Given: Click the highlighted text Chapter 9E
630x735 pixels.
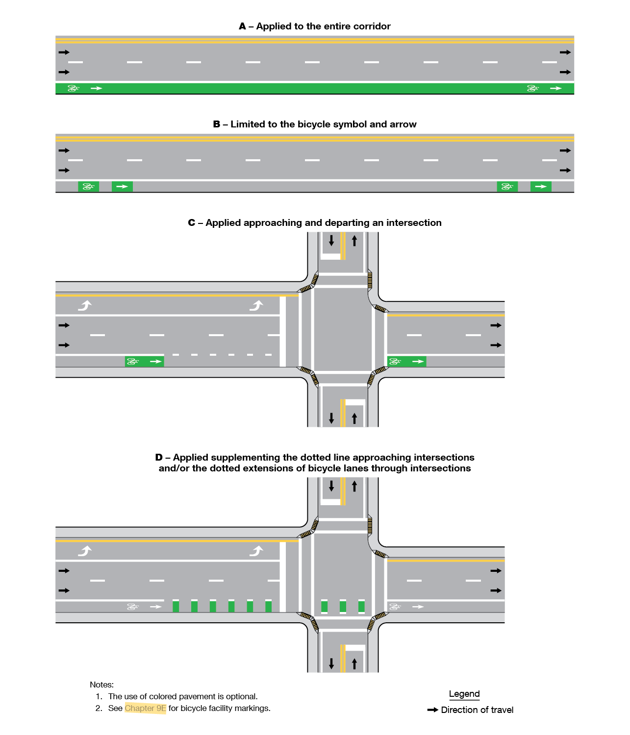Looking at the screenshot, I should pyautogui.click(x=145, y=708).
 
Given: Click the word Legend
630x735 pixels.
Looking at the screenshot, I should pyautogui.click(x=464, y=694).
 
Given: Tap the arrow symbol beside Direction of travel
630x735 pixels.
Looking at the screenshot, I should pyautogui.click(x=432, y=710).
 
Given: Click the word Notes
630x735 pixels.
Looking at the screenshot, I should pyautogui.click(x=101, y=685).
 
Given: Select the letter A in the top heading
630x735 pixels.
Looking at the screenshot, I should pyautogui.click(x=242, y=26).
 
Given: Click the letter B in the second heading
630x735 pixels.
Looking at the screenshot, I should pyautogui.click(x=217, y=124).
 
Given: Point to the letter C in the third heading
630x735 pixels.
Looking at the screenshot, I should pyautogui.click(x=192, y=223).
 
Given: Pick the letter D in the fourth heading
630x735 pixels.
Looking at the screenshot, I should pyautogui.click(x=159, y=458).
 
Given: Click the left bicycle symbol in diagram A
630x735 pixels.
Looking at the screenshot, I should pyautogui.click(x=73, y=88).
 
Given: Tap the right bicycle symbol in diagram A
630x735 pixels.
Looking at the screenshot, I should pyautogui.click(x=532, y=88).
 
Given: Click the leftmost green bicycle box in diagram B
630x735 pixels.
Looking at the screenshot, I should pyautogui.click(x=88, y=187).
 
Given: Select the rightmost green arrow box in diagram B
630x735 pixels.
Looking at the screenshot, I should pyautogui.click(x=541, y=187).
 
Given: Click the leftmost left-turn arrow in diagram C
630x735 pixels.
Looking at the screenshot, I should pyautogui.click(x=85, y=306).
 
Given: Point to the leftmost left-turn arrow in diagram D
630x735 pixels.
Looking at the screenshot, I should pyautogui.click(x=85, y=551).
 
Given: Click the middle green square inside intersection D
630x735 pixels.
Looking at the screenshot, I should pyautogui.click(x=343, y=607).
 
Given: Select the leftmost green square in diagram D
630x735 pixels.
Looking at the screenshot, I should pyautogui.click(x=176, y=607).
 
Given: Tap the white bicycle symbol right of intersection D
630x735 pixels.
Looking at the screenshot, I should pyautogui.click(x=394, y=607).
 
